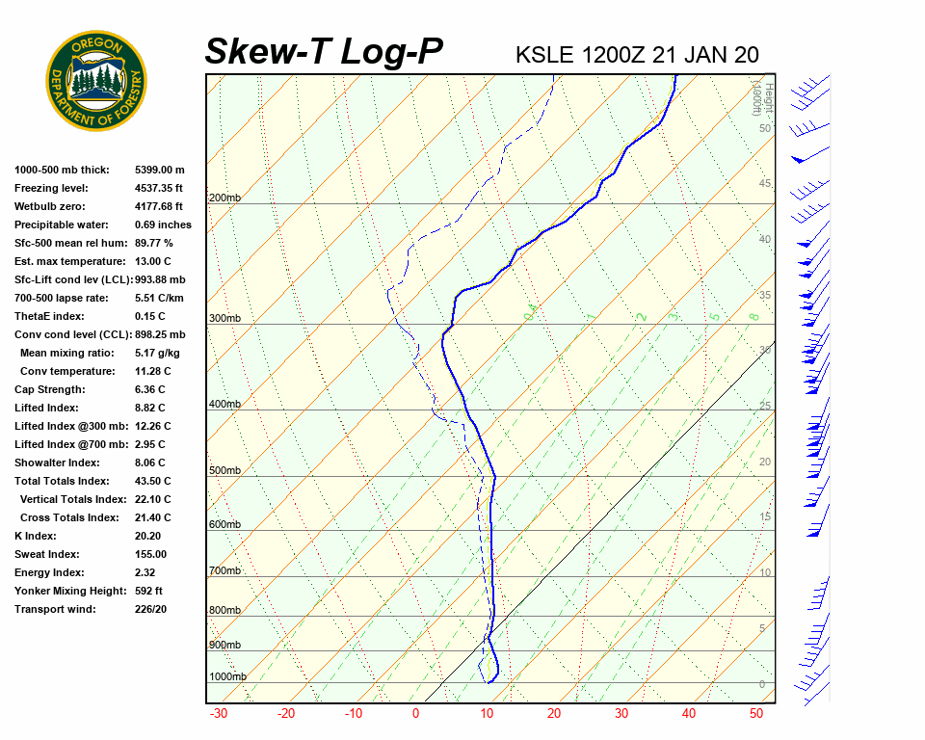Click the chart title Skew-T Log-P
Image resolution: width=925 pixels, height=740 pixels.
(x=324, y=51)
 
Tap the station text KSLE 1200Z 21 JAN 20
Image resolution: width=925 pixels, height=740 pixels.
(x=637, y=55)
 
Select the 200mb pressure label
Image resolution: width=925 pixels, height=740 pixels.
(x=225, y=198)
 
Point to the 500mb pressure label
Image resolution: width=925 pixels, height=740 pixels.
(x=225, y=471)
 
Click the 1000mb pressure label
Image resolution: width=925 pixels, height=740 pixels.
(x=227, y=677)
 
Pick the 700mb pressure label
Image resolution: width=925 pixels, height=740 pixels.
(x=225, y=571)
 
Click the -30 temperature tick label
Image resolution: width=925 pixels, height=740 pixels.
(x=219, y=714)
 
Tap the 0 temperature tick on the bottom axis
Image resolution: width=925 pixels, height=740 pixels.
(x=416, y=714)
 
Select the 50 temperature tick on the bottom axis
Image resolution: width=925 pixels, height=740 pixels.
(x=756, y=714)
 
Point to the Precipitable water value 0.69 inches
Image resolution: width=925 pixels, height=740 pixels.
(x=163, y=225)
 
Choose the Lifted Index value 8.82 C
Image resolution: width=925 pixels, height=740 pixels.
(x=150, y=408)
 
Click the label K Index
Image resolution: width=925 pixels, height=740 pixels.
(x=36, y=536)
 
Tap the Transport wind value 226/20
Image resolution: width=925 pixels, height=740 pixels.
(x=151, y=609)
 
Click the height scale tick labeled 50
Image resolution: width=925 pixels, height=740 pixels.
(x=764, y=128)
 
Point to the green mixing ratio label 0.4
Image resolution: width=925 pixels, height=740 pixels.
(x=530, y=311)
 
